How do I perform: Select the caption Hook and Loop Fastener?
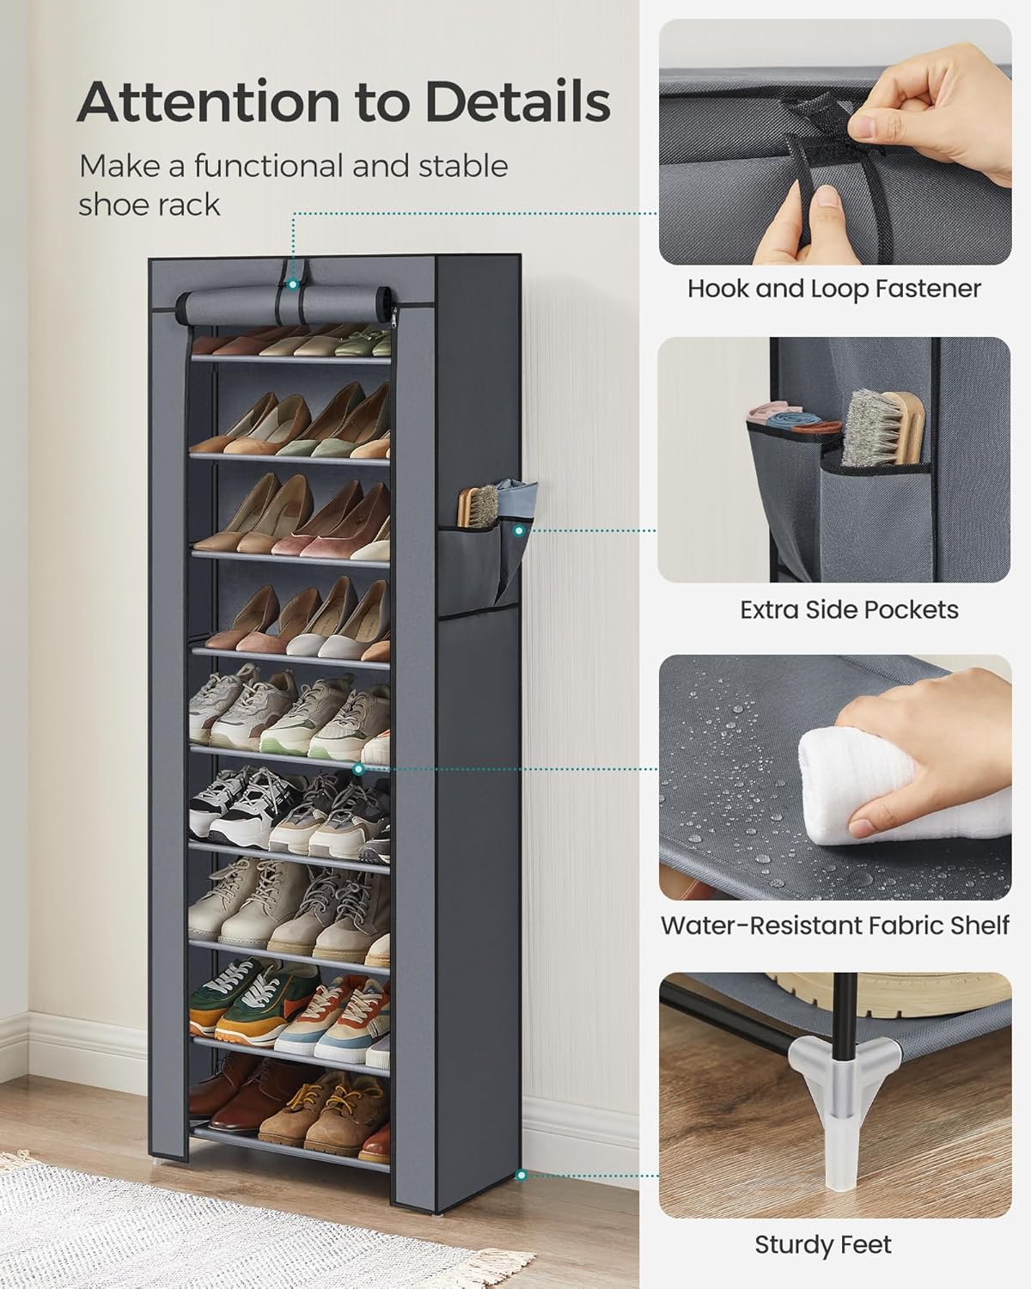click(x=833, y=289)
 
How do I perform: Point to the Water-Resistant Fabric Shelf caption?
click(x=834, y=926)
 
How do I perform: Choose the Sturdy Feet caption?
click(x=823, y=1244)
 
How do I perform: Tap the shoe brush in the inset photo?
click(x=874, y=428)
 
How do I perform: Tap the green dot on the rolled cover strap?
click(x=292, y=283)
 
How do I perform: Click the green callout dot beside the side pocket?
click(x=520, y=531)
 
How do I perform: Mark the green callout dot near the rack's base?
click(x=520, y=1174)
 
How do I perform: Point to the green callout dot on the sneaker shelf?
click(x=358, y=769)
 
